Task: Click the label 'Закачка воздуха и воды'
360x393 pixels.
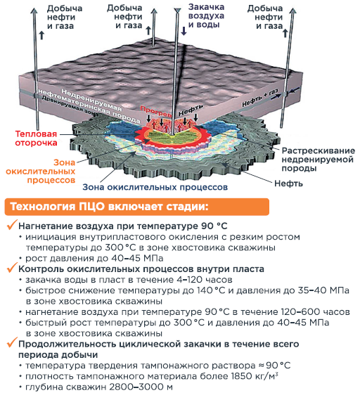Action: pyautogui.click(x=206, y=15)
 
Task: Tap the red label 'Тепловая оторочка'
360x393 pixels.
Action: pyautogui.click(x=36, y=138)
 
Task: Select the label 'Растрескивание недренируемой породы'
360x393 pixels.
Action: pyautogui.click(x=318, y=160)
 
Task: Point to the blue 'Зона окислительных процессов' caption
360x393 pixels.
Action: pyautogui.click(x=155, y=187)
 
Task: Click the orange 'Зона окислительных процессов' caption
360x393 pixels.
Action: pyautogui.click(x=40, y=171)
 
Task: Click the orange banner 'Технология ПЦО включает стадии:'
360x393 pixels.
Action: pyautogui.click(x=137, y=207)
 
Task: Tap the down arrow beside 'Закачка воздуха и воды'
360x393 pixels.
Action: pyautogui.click(x=184, y=30)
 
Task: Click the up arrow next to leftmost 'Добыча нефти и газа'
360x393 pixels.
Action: pyautogui.click(x=41, y=35)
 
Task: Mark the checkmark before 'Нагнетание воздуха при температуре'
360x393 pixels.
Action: pyautogui.click(x=12, y=224)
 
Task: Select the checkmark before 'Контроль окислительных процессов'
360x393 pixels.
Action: pyautogui.click(x=12, y=267)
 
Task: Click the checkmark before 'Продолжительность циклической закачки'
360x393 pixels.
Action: pyautogui.click(x=12, y=342)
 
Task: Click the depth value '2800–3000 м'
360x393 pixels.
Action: pyautogui.click(x=141, y=387)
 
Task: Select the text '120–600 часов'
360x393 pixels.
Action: pyautogui.click(x=315, y=311)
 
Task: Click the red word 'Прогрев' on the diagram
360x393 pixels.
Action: pyautogui.click(x=156, y=111)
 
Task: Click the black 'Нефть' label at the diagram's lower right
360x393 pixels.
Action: pyautogui.click(x=288, y=183)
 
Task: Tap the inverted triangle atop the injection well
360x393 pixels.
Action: pyautogui.click(x=177, y=11)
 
